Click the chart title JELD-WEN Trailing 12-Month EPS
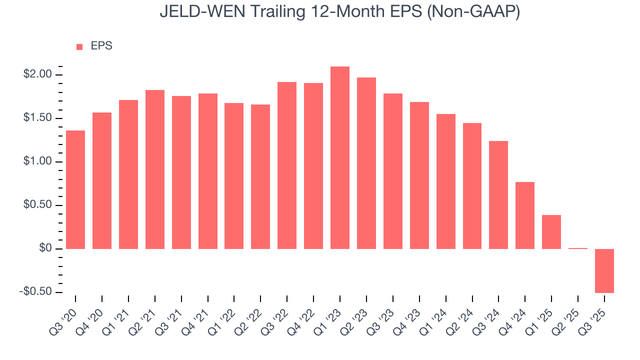tap(340, 12)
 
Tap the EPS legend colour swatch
tap(79, 46)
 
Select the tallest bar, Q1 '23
tap(340, 157)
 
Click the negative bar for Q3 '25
tap(604, 270)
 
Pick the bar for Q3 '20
tap(75, 190)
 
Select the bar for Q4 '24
tap(525, 215)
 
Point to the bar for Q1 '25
tap(551, 232)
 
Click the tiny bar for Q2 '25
tap(577, 248)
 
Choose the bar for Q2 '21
tap(155, 169)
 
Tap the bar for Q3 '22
tap(287, 165)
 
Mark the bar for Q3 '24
tap(498, 195)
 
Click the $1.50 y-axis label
tap(38, 118)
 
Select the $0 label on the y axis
tap(45, 248)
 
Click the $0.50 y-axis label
tap(38, 205)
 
